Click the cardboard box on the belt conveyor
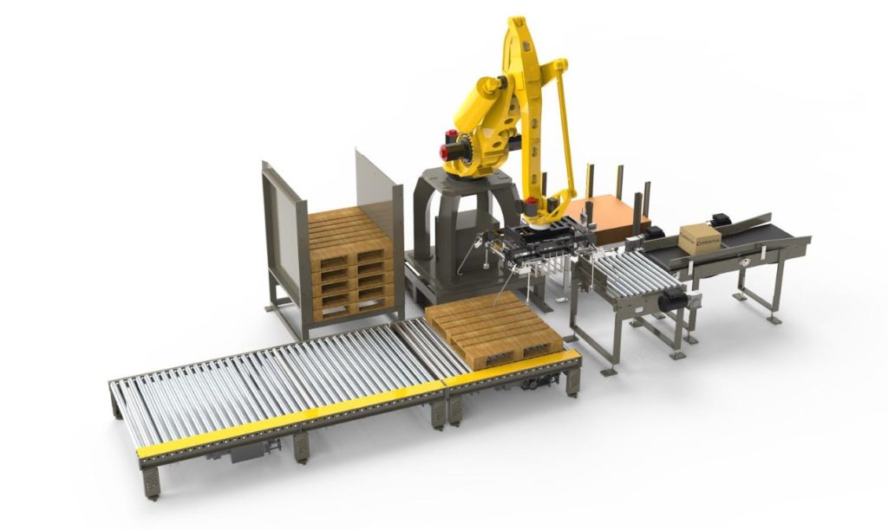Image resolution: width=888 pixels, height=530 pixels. (x=700, y=239)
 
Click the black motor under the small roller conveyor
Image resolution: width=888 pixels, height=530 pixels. (x=672, y=301)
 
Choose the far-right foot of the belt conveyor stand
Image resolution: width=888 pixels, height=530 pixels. (x=774, y=319)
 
